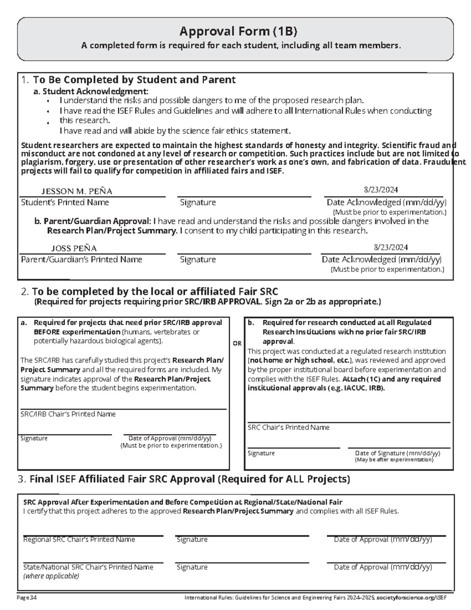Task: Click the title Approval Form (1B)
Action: point(235,31)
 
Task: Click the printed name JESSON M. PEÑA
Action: point(77,191)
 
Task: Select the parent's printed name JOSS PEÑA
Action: point(74,248)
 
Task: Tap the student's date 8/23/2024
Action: point(381,190)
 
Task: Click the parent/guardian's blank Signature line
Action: point(244,250)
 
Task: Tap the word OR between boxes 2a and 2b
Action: point(237,343)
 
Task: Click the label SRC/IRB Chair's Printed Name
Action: point(68,414)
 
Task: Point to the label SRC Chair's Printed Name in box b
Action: point(288,427)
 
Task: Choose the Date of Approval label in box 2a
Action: point(170,438)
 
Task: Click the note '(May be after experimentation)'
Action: point(394,460)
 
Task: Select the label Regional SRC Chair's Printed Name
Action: point(79,540)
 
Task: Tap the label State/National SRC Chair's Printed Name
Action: point(88,567)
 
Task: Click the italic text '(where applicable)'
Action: point(51,576)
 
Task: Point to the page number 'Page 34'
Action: point(27,598)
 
